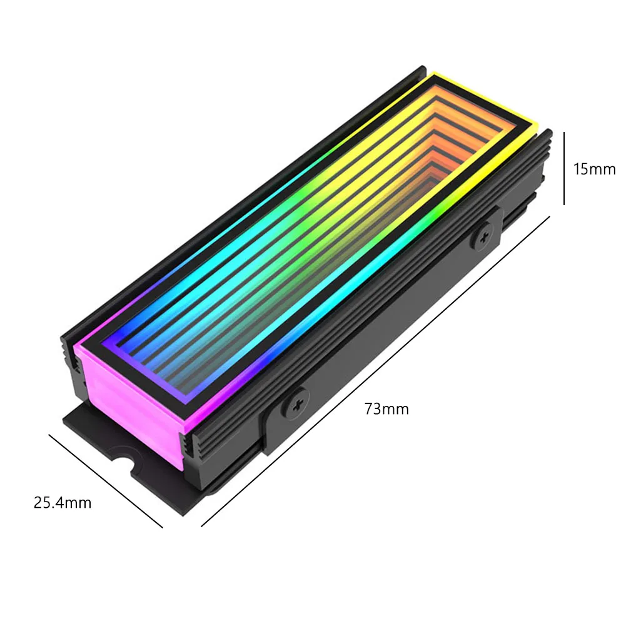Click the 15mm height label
(594, 169)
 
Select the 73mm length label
(386, 409)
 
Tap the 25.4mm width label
(63, 502)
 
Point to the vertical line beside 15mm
(565, 168)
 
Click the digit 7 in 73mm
(369, 409)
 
